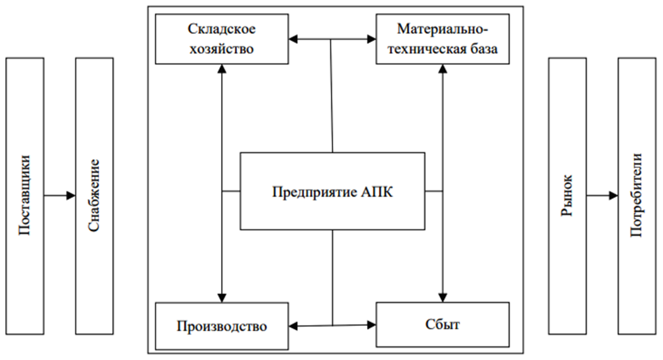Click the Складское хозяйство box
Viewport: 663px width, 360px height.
coord(222,39)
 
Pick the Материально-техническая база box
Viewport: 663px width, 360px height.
coord(443,39)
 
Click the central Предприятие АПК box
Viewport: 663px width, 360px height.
coord(332,191)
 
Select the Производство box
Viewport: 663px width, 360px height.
coord(222,326)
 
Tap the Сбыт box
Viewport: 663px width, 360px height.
coord(443,325)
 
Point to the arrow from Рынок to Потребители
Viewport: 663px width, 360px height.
coord(602,195)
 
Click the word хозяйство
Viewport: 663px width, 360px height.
coord(222,49)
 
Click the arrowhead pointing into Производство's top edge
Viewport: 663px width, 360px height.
coord(222,297)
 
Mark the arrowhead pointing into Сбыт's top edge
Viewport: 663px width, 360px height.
coord(443,297)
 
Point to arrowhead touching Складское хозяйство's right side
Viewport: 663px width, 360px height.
coord(293,39)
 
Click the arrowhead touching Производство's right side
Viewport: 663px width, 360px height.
coord(293,326)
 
